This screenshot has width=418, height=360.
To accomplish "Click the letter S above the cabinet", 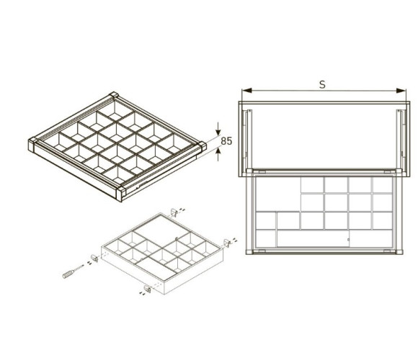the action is [322, 84].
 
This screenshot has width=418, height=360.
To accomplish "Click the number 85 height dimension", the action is [226, 141].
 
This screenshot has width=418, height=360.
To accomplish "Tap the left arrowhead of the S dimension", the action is [247, 91].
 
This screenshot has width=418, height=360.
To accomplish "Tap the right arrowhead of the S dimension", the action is [401, 91].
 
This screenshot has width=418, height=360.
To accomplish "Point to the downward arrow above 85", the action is [218, 128].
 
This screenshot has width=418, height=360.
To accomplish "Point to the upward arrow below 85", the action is [218, 154].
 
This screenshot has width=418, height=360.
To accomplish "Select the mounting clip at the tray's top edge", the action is [174, 212].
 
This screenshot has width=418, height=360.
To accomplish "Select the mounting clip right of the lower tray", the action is [226, 243].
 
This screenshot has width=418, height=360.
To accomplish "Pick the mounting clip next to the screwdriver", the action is [94, 258].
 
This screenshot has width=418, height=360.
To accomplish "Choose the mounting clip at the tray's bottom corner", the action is [147, 289].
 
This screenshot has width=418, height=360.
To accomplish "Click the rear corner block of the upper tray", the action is [114, 95].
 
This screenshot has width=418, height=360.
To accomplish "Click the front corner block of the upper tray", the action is [121, 194].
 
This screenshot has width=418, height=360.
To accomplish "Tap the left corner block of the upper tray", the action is [32, 144].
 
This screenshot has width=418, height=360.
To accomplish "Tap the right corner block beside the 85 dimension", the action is [203, 146].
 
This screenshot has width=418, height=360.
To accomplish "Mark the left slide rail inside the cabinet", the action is [249, 138].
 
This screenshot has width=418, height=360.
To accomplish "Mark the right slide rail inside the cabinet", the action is [401, 138].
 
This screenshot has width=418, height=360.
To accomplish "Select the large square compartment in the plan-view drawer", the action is [277, 194].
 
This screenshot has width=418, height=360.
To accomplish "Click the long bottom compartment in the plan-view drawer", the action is [313, 238].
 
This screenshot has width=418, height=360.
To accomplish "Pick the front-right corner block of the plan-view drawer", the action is [399, 251].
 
